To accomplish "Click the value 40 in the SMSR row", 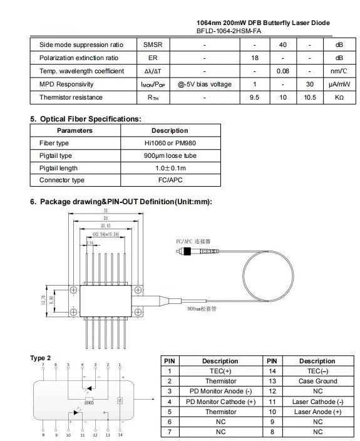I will click(282, 45).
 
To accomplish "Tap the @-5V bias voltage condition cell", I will click(204, 84).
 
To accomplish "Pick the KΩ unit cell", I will click(339, 97).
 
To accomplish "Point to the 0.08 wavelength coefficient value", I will click(282, 71).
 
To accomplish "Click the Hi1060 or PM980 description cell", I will click(169, 143).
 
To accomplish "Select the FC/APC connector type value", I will click(169, 180).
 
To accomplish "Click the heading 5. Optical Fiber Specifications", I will click(86, 119).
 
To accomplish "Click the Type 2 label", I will click(41, 358).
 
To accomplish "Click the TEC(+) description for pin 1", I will click(220, 371).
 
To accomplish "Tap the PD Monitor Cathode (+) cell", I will click(220, 402).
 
